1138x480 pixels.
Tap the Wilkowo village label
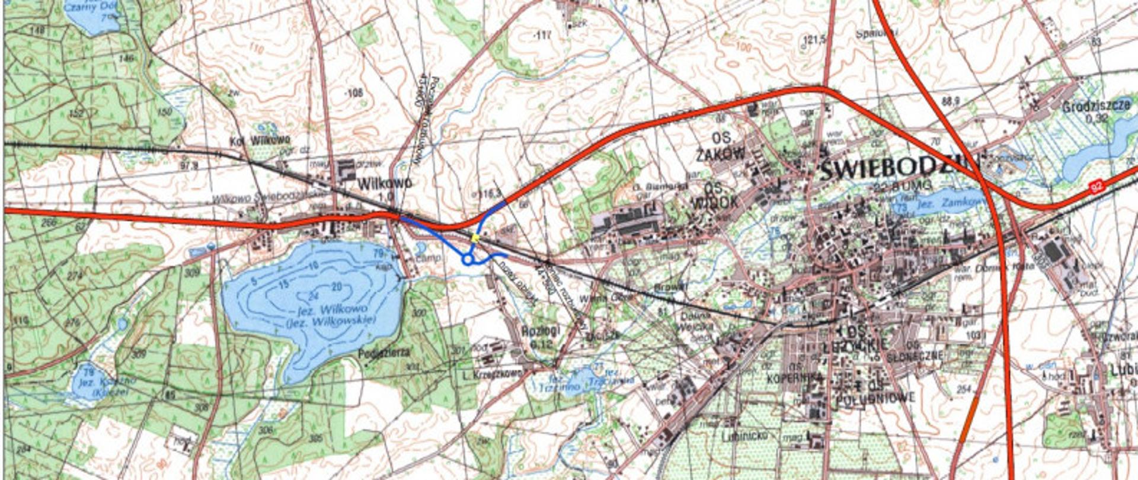[x=384, y=183]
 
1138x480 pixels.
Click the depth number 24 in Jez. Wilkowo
[x=314, y=296]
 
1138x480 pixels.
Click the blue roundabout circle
[x=468, y=259]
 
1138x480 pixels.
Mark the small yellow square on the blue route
[x=475, y=238]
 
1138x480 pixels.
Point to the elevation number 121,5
[x=814, y=40]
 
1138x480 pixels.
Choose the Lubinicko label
[x=745, y=436]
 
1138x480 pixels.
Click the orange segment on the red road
[x=967, y=421]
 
